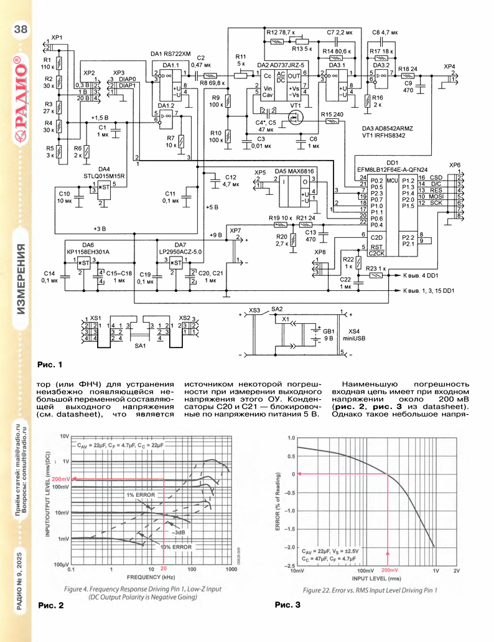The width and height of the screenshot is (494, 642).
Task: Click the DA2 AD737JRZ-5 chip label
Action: [281, 65]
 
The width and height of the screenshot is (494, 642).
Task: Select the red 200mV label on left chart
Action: [60, 479]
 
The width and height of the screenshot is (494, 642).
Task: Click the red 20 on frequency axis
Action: [164, 569]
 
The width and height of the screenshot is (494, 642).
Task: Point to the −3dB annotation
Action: [177, 533]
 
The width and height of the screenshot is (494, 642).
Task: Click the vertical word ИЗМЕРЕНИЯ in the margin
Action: [20, 280]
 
